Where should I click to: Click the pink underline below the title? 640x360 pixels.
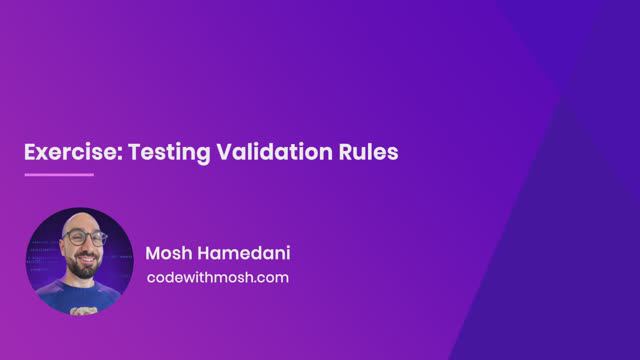point(58,174)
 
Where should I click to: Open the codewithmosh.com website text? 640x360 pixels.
point(217,277)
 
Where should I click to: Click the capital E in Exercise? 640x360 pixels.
point(30,153)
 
